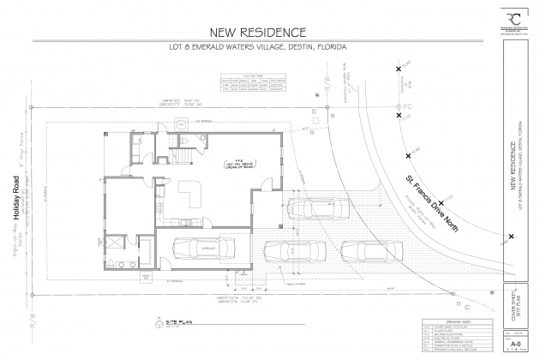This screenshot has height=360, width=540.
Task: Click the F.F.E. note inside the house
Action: [x=232, y=162]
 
